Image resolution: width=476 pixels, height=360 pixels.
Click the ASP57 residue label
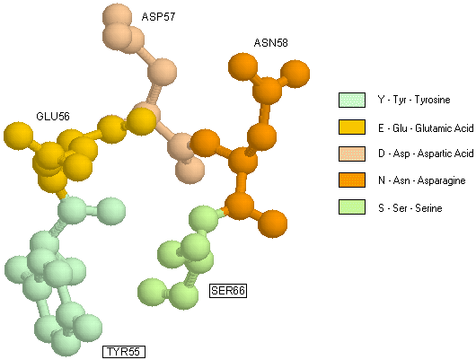pos(158,17)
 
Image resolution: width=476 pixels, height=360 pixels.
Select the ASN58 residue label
pos(271,43)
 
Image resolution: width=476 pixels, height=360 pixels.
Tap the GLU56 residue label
pos(53,116)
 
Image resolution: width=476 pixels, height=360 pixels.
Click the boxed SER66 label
pos(228,291)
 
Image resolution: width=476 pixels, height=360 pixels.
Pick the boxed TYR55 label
pos(124,352)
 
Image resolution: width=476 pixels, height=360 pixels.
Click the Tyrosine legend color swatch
pos(352,101)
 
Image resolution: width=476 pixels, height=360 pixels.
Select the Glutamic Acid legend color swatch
pos(352,127)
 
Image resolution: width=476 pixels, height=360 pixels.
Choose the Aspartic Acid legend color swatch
pos(352,154)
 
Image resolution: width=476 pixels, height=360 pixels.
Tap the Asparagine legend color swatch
pos(352,180)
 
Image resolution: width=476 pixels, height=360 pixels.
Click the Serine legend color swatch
pos(352,207)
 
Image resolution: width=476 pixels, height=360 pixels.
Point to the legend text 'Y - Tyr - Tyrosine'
pos(414,100)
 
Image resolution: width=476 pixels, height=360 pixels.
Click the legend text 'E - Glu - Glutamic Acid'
pos(426,128)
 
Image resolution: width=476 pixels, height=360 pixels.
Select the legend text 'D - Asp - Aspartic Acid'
pos(426,154)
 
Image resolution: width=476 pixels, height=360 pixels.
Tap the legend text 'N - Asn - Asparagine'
pos(422,180)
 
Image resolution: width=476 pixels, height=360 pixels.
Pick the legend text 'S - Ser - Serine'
pos(410,208)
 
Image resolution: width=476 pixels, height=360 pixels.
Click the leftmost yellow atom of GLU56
pos(18,136)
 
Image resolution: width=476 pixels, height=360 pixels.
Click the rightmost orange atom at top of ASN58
pos(295,74)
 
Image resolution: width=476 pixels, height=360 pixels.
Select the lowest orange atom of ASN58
pos(272,224)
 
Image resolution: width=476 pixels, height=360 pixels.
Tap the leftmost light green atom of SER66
pos(153,293)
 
